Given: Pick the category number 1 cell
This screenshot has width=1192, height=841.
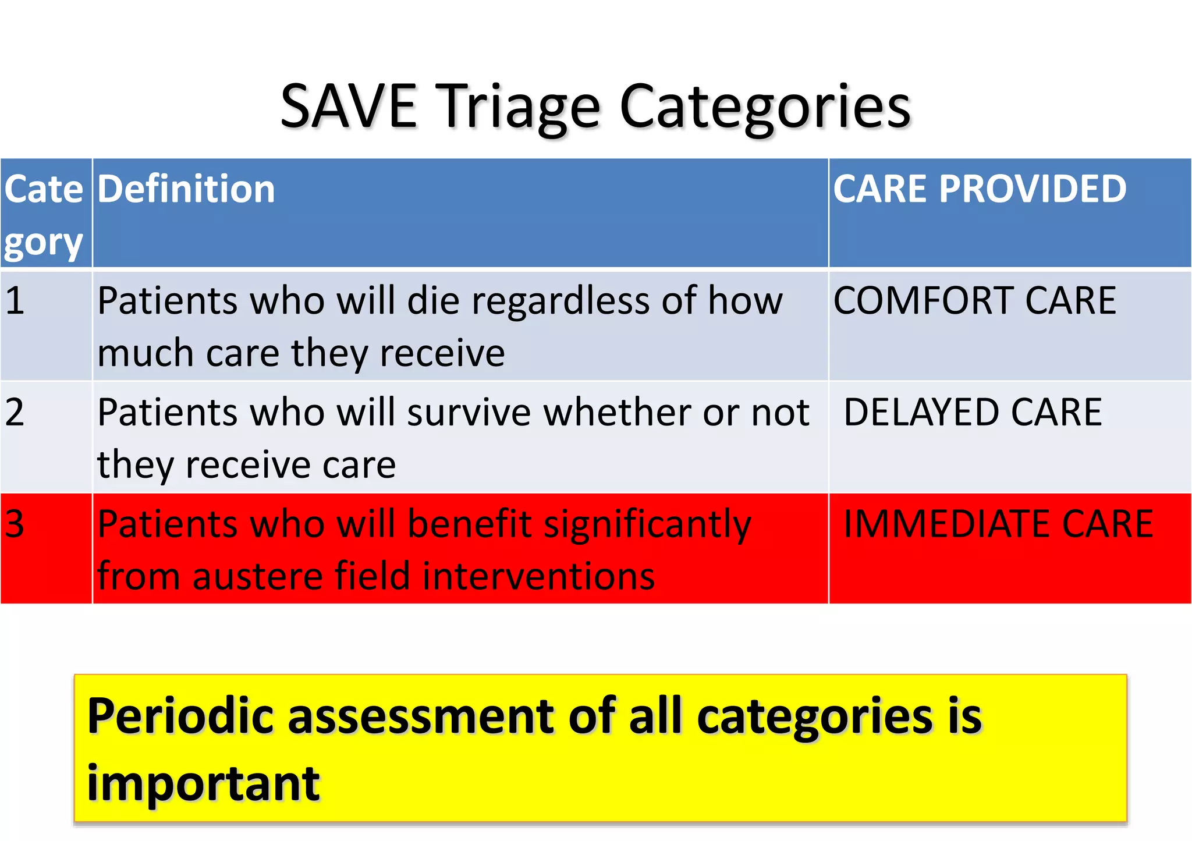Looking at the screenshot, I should pyautogui.click(x=15, y=301).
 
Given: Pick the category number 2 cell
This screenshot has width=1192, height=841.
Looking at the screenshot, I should pyautogui.click(x=15, y=412).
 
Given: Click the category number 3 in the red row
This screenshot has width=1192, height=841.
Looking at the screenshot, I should pyautogui.click(x=15, y=524).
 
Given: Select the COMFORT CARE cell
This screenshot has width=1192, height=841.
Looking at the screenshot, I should pyautogui.click(x=974, y=301).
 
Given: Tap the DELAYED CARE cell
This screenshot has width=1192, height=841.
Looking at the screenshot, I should pyautogui.click(x=973, y=412).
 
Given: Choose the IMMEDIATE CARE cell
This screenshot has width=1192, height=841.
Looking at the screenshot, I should pyautogui.click(x=998, y=524).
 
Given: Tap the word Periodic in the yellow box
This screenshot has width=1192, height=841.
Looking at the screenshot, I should pyautogui.click(x=180, y=717).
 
